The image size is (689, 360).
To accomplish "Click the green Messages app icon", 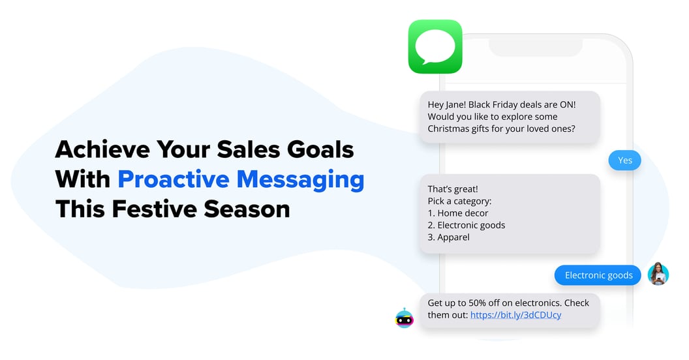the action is tap(435, 46).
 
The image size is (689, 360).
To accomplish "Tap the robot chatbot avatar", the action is tap(405, 318).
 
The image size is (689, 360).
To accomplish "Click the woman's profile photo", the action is tap(658, 274).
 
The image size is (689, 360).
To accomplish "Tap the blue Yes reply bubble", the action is tap(624, 160).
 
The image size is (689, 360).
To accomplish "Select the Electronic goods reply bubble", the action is tap(598, 275).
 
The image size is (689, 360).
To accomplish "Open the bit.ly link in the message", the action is tap(515, 315).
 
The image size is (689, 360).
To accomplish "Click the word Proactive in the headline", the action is tap(174, 179).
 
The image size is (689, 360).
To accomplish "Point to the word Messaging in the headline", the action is tap(301, 180).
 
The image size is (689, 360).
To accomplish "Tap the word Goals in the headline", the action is tap(320, 149).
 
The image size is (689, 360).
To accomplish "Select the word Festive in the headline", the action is tap(154, 209).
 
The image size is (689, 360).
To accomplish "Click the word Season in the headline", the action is tap(247, 209).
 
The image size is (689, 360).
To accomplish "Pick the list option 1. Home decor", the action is tap(458, 213).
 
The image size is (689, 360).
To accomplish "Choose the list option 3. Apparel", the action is tap(449, 237).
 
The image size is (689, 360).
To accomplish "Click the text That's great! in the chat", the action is tap(453, 188).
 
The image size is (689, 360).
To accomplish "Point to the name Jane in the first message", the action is tap(455, 104).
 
